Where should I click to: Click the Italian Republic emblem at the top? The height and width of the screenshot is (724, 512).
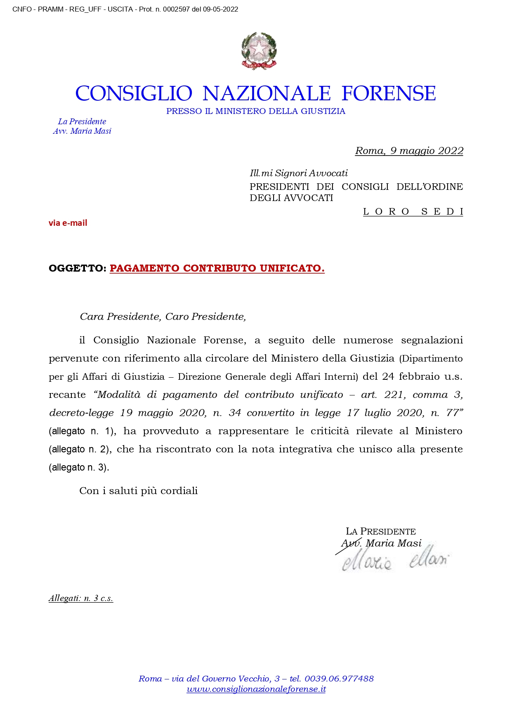[x=259, y=50]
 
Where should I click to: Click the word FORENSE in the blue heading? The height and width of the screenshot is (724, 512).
[x=389, y=93]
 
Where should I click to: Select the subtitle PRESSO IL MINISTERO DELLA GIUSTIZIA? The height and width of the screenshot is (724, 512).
[x=256, y=111]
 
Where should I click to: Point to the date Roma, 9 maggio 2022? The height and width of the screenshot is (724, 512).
[x=409, y=151]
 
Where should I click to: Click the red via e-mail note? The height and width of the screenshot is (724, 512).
[x=68, y=223]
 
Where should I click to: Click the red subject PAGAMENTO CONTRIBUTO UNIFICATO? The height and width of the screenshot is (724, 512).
[x=217, y=268]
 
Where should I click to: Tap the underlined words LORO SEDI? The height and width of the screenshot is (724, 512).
[x=413, y=212]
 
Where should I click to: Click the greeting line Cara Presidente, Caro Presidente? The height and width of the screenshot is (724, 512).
[x=163, y=317]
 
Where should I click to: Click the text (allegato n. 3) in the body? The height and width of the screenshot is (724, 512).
[x=79, y=467]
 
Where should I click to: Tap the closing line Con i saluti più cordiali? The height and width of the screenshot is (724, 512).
[x=139, y=491]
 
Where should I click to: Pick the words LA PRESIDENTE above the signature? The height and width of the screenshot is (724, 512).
[x=381, y=531]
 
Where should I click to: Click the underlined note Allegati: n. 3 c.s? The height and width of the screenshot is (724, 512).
[x=81, y=598]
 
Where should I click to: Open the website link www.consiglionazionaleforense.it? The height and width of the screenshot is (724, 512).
[x=256, y=689]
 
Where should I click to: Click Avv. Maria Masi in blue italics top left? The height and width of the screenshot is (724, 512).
[x=82, y=131]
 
